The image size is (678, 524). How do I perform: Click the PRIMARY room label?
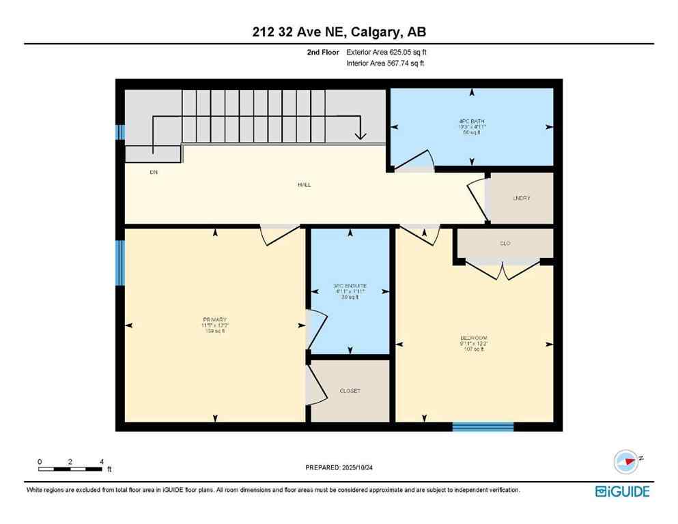click(216, 319)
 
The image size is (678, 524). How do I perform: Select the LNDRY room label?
click(522, 198)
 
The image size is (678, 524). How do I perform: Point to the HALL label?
click(305, 185)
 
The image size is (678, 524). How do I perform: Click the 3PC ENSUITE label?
click(350, 286)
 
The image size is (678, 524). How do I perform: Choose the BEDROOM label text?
click(473, 338)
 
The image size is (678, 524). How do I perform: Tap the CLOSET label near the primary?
click(350, 391)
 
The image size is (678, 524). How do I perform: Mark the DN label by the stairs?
click(154, 172)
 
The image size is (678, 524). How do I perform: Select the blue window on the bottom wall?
click(483, 427)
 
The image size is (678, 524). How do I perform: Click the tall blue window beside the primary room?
click(120, 262)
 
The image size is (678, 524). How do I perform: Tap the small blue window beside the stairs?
click(120, 132)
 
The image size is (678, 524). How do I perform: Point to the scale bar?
click(71, 469)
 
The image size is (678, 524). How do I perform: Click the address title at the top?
click(339, 31)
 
